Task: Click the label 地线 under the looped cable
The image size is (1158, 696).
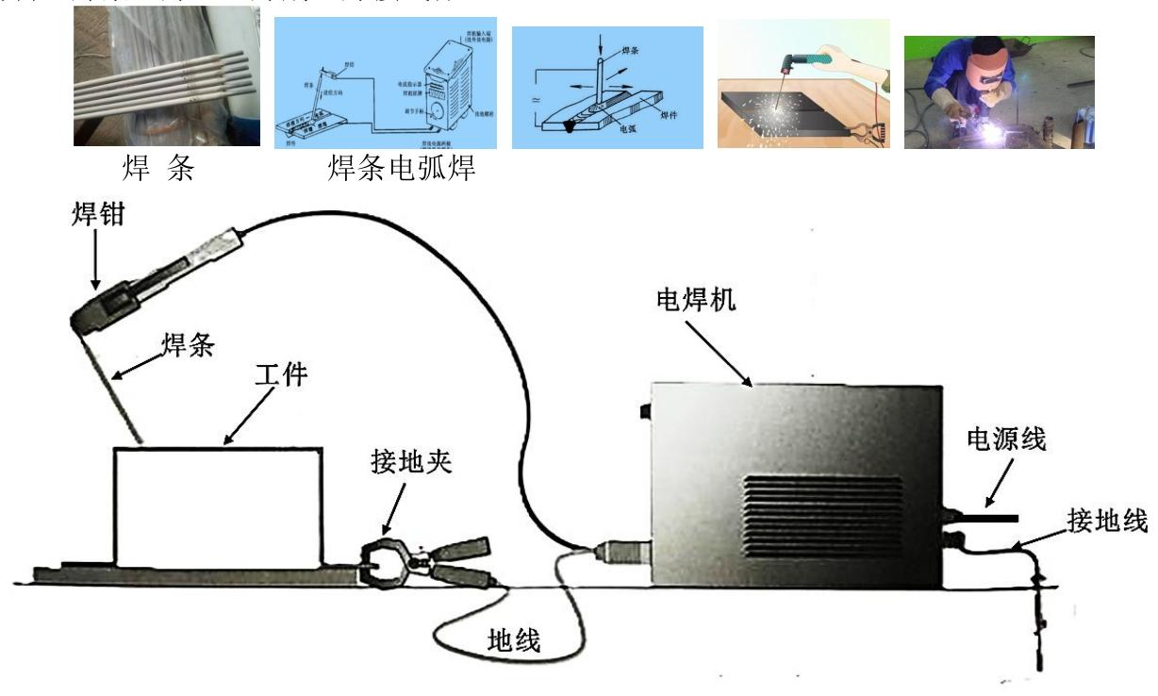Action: (x=514, y=641)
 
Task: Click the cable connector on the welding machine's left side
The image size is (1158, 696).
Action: (x=620, y=547)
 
